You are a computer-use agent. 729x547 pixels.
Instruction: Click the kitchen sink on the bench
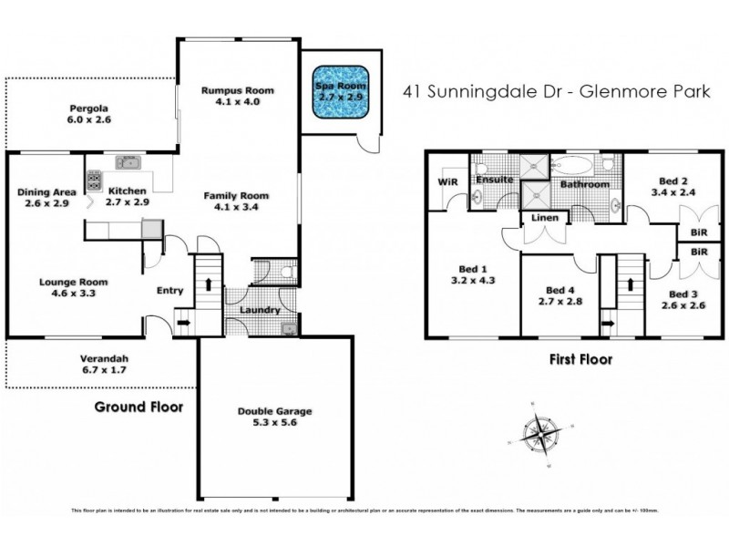click(x=127, y=162)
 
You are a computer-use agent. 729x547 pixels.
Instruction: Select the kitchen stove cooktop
click(x=94, y=181)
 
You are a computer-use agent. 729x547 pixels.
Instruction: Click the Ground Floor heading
click(x=139, y=408)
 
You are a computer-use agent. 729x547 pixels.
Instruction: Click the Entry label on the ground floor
click(x=169, y=291)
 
